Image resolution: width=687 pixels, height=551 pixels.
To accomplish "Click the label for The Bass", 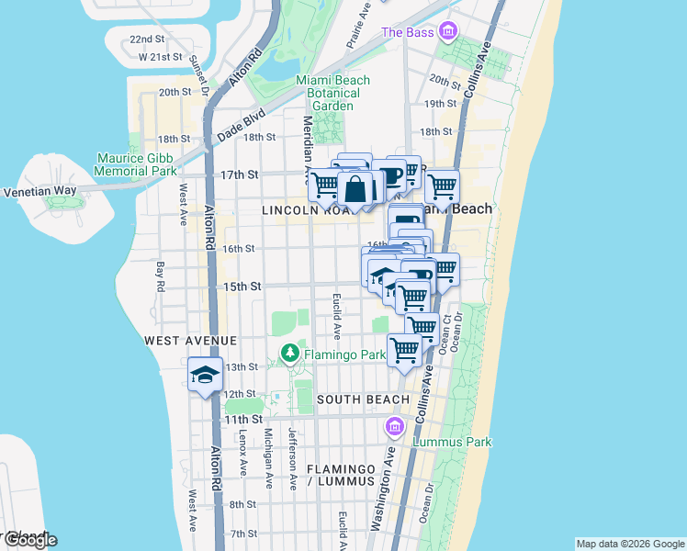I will point(406,32).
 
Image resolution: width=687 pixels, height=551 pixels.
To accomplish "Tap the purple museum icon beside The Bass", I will point(447,32).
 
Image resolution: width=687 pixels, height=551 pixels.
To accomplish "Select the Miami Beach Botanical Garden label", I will point(332,93).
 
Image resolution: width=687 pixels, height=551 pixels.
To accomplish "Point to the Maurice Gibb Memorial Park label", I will point(137,163).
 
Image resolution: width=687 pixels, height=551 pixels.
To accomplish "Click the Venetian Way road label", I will point(39,192).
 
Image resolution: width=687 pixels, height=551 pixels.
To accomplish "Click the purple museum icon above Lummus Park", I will point(395,426).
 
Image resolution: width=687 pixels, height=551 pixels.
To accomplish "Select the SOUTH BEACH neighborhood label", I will point(363,399).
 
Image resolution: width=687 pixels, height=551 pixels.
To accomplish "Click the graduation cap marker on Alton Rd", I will point(206,375).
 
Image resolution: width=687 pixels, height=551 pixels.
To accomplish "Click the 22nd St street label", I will point(147,39).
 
